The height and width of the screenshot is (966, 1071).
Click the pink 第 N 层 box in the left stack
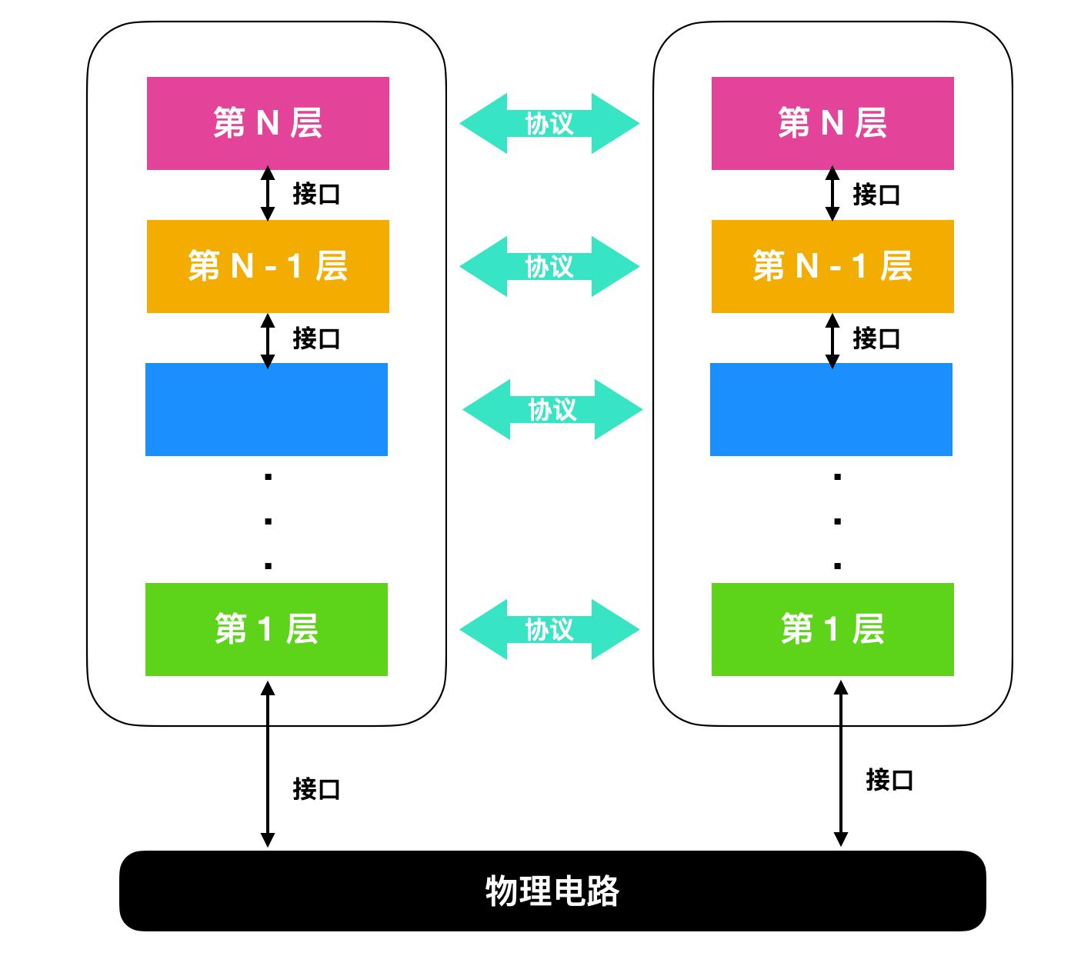[x=268, y=123]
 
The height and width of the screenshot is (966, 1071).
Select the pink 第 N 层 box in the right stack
[x=832, y=123]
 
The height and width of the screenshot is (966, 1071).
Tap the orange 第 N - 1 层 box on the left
[x=268, y=266]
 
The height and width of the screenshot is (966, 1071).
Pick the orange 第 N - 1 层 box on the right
[x=832, y=266]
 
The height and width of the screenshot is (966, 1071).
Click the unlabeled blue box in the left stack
[x=266, y=409]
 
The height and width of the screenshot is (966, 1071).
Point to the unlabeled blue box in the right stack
[x=831, y=409]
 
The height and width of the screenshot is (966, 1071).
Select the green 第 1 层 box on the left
[x=266, y=629]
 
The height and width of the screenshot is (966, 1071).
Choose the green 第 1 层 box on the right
[x=832, y=629]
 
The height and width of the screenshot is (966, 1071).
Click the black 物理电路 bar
[x=552, y=891]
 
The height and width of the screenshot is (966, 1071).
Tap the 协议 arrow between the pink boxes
[x=549, y=123]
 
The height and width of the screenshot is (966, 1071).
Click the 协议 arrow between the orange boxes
[x=549, y=266]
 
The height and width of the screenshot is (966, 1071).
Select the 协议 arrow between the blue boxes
[x=552, y=409]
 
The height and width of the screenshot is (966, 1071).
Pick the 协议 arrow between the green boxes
[x=549, y=629]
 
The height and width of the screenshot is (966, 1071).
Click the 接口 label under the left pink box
[x=316, y=194]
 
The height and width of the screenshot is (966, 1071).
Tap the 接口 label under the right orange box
[x=876, y=338]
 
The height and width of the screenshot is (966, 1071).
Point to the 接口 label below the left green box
[x=316, y=788]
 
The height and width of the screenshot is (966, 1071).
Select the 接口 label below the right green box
[x=889, y=779]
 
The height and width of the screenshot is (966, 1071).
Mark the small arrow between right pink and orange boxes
[x=832, y=194]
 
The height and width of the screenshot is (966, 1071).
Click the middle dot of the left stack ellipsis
[x=268, y=521]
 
